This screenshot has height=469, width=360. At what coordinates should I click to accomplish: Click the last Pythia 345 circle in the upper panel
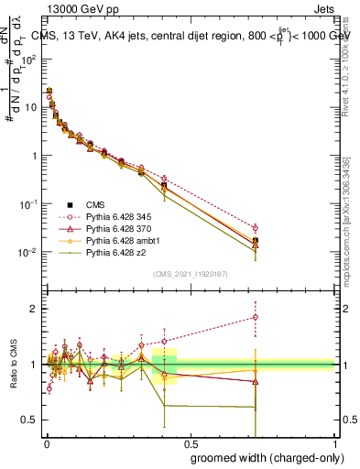(x=256, y=228)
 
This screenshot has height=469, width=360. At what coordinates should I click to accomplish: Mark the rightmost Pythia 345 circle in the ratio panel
(x=256, y=318)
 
